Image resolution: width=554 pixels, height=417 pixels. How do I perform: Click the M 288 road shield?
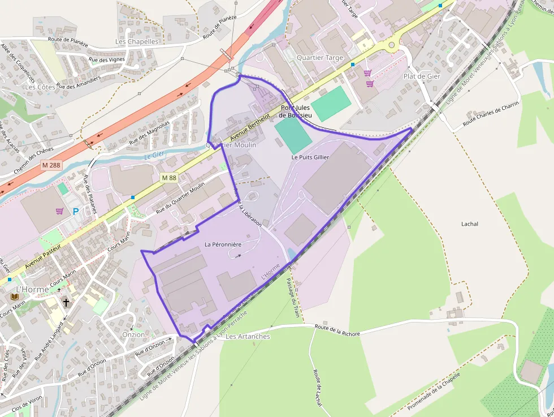click(x=50, y=165)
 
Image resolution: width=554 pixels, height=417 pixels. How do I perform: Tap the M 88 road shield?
click(x=168, y=178)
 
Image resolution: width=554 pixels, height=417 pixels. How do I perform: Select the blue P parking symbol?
click(x=76, y=212)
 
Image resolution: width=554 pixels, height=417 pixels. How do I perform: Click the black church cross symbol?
click(x=66, y=303)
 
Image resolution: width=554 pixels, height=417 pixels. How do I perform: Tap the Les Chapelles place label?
click(x=137, y=41)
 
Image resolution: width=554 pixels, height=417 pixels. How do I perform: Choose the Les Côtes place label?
click(x=40, y=87)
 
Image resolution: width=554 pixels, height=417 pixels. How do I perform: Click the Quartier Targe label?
click(x=319, y=58)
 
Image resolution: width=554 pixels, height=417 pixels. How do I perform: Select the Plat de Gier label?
click(x=421, y=76)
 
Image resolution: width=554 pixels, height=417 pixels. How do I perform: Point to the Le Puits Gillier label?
click(x=310, y=157)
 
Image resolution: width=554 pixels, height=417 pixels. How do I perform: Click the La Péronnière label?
click(x=223, y=244)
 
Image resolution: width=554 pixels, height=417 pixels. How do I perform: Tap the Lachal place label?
click(x=469, y=224)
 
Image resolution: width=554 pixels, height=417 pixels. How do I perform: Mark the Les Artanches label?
click(x=248, y=337)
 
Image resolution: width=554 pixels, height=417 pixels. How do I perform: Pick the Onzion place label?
click(x=133, y=334)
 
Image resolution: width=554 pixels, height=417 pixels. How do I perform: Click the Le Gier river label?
click(x=154, y=156)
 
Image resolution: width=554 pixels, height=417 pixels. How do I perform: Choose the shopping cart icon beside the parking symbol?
click(x=59, y=211)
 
